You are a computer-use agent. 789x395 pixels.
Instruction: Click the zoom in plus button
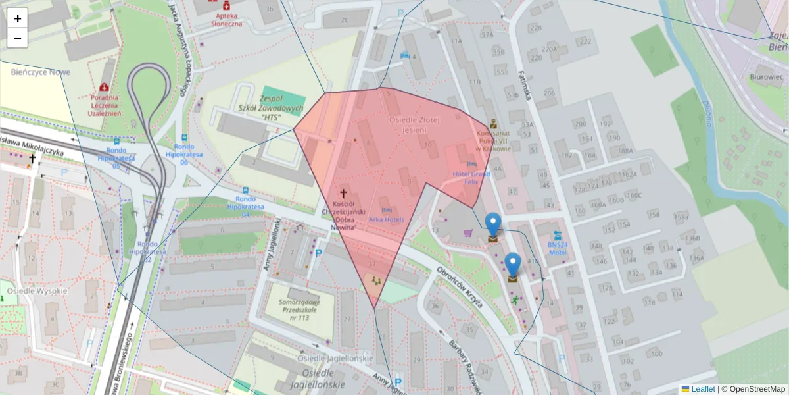pos(18,18)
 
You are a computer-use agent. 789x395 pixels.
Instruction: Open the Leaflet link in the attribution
pos(702,389)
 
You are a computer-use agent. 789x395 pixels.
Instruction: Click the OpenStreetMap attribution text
pos(756,389)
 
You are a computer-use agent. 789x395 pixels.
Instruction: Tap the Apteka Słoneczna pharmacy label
pos(226,19)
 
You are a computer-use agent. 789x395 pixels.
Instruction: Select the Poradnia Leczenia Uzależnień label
pos(105,103)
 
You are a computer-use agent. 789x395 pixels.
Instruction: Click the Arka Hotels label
pos(386,219)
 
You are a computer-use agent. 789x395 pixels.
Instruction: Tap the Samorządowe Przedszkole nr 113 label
pos(295,309)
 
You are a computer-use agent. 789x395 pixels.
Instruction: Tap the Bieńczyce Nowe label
pos(40,72)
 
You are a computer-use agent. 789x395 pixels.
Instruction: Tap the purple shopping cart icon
pos(468,232)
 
